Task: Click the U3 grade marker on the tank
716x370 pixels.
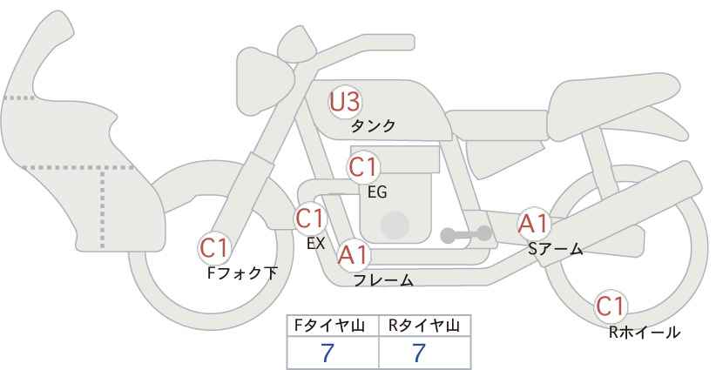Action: pos(345,102)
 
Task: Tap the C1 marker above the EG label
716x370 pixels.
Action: pos(363,166)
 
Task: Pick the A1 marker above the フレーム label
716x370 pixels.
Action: pos(354,255)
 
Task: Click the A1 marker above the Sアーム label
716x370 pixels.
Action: pos(533,223)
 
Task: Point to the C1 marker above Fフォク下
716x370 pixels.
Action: pos(214,248)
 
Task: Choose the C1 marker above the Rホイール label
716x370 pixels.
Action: pos(611,306)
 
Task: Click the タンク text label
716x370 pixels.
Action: pos(373,125)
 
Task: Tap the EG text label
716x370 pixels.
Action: pos(376,190)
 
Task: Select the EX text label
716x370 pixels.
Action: pos(315,244)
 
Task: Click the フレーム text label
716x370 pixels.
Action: pos(382,280)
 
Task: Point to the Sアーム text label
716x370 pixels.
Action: pos(555,249)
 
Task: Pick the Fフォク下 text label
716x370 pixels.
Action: pos(241,272)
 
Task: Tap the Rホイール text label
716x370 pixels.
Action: pos(645,332)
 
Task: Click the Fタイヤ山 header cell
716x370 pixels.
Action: pos(334,326)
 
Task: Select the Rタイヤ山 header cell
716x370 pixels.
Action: pos(424,326)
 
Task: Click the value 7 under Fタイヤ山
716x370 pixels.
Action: pos(328,353)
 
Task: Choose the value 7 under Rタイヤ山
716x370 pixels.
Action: pos(420,353)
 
